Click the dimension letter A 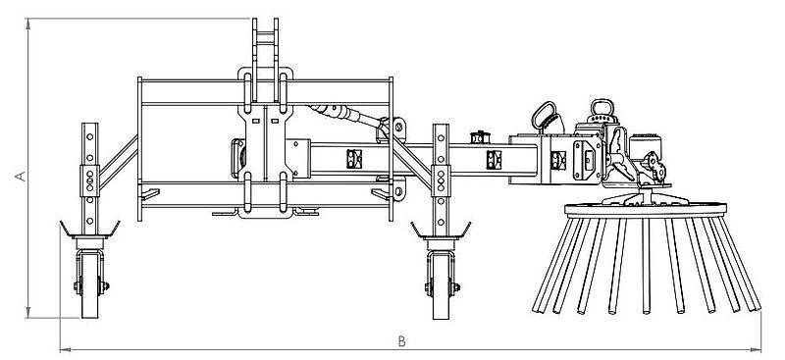21,176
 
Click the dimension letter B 401,341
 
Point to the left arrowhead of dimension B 64,349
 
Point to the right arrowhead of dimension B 757,349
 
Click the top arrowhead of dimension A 28,23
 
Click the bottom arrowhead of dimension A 28,313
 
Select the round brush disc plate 646,209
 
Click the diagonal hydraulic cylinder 345,115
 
